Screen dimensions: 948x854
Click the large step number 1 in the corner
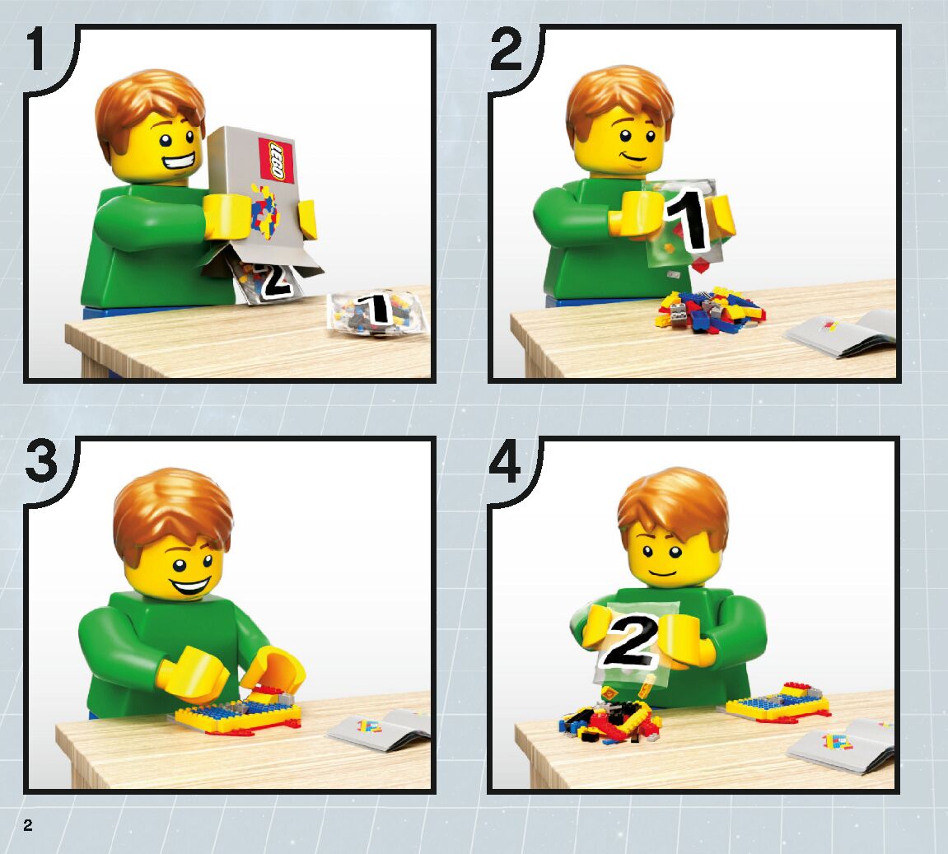[35, 49]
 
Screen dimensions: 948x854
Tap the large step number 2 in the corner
[506, 49]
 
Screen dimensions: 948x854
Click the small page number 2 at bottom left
[28, 825]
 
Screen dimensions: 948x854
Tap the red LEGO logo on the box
[276, 160]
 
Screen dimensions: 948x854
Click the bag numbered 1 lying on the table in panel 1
[376, 311]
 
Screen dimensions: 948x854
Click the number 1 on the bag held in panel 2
[688, 220]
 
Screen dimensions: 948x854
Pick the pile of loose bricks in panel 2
[711, 310]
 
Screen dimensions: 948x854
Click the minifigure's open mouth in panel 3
[190, 585]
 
